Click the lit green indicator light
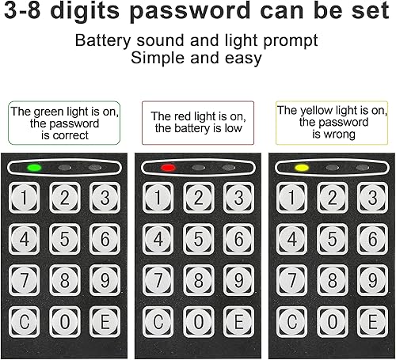(35, 168)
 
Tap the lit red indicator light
(168, 168)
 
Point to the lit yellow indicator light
(302, 168)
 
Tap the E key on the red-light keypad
(238, 322)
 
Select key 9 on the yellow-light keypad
(372, 280)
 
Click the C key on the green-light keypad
(25, 322)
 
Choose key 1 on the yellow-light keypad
(291, 198)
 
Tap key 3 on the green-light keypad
(105, 198)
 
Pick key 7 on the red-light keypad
(158, 280)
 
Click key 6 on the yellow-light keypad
(372, 239)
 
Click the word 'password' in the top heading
(190, 11)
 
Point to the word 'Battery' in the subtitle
(103, 41)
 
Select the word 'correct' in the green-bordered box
(70, 135)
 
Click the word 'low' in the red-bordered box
(233, 128)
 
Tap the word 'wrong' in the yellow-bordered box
(340, 135)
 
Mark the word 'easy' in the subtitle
(243, 59)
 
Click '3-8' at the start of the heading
(22, 10)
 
